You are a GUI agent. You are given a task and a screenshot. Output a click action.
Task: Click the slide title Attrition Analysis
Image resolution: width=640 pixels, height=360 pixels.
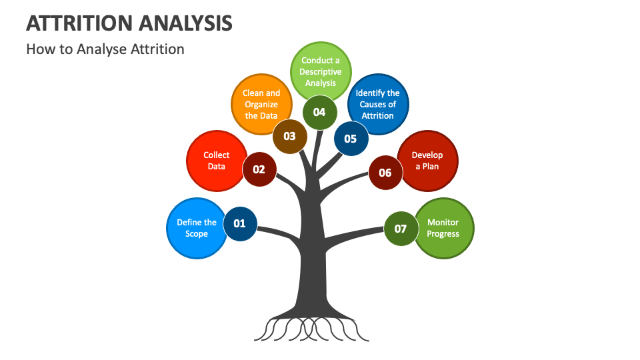click(x=129, y=22)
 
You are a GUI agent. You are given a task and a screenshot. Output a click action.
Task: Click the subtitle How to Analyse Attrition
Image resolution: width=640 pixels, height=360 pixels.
click(x=105, y=49)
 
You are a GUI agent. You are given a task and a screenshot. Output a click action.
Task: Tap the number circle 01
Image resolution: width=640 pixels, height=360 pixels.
click(x=239, y=223)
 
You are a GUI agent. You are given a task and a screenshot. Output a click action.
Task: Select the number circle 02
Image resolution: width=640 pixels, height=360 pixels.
click(x=259, y=169)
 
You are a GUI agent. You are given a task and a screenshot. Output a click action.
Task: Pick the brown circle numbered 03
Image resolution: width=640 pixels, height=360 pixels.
click(x=289, y=136)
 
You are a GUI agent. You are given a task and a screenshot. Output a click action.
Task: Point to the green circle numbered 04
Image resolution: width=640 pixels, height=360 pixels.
click(x=319, y=112)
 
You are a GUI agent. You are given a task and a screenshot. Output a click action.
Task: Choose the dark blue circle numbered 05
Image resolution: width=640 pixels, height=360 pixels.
click(x=351, y=139)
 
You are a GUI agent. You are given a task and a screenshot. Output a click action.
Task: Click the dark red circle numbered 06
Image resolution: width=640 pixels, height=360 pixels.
click(x=385, y=173)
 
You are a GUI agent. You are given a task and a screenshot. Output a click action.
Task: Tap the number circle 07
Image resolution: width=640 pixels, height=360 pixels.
click(x=401, y=229)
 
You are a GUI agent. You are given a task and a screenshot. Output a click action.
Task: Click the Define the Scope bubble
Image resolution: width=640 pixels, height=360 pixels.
click(x=194, y=228)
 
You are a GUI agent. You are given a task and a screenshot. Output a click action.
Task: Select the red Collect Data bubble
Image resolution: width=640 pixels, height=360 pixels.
click(x=215, y=161)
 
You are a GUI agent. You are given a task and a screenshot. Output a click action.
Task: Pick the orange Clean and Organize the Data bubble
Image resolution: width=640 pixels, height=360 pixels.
click(x=260, y=103)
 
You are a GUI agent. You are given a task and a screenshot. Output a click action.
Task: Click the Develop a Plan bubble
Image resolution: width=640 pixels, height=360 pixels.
click(x=429, y=161)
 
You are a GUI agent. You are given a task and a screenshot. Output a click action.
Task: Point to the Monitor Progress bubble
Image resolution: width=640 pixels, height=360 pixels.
click(x=445, y=228)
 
